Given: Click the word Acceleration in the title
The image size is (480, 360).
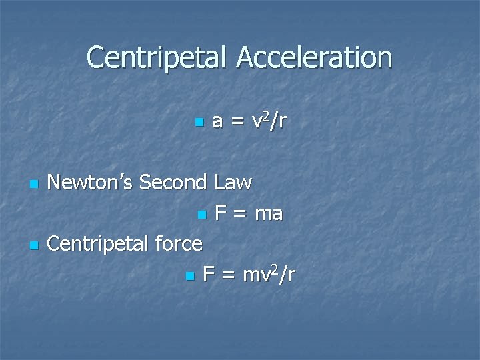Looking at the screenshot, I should click(x=315, y=58).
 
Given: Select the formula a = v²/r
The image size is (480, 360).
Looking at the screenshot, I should click(x=249, y=121).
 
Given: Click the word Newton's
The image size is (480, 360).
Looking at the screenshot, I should click(x=90, y=181).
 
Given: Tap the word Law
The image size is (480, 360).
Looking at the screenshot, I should click(x=233, y=181).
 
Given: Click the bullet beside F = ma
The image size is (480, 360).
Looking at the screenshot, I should click(x=201, y=215).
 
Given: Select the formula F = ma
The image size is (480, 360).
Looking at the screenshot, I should click(x=249, y=213).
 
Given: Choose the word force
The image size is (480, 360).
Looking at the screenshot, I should click(x=177, y=244).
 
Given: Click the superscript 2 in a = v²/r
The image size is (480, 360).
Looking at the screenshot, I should click(x=267, y=114).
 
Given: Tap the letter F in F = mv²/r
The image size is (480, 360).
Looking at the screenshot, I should click(x=208, y=274).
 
